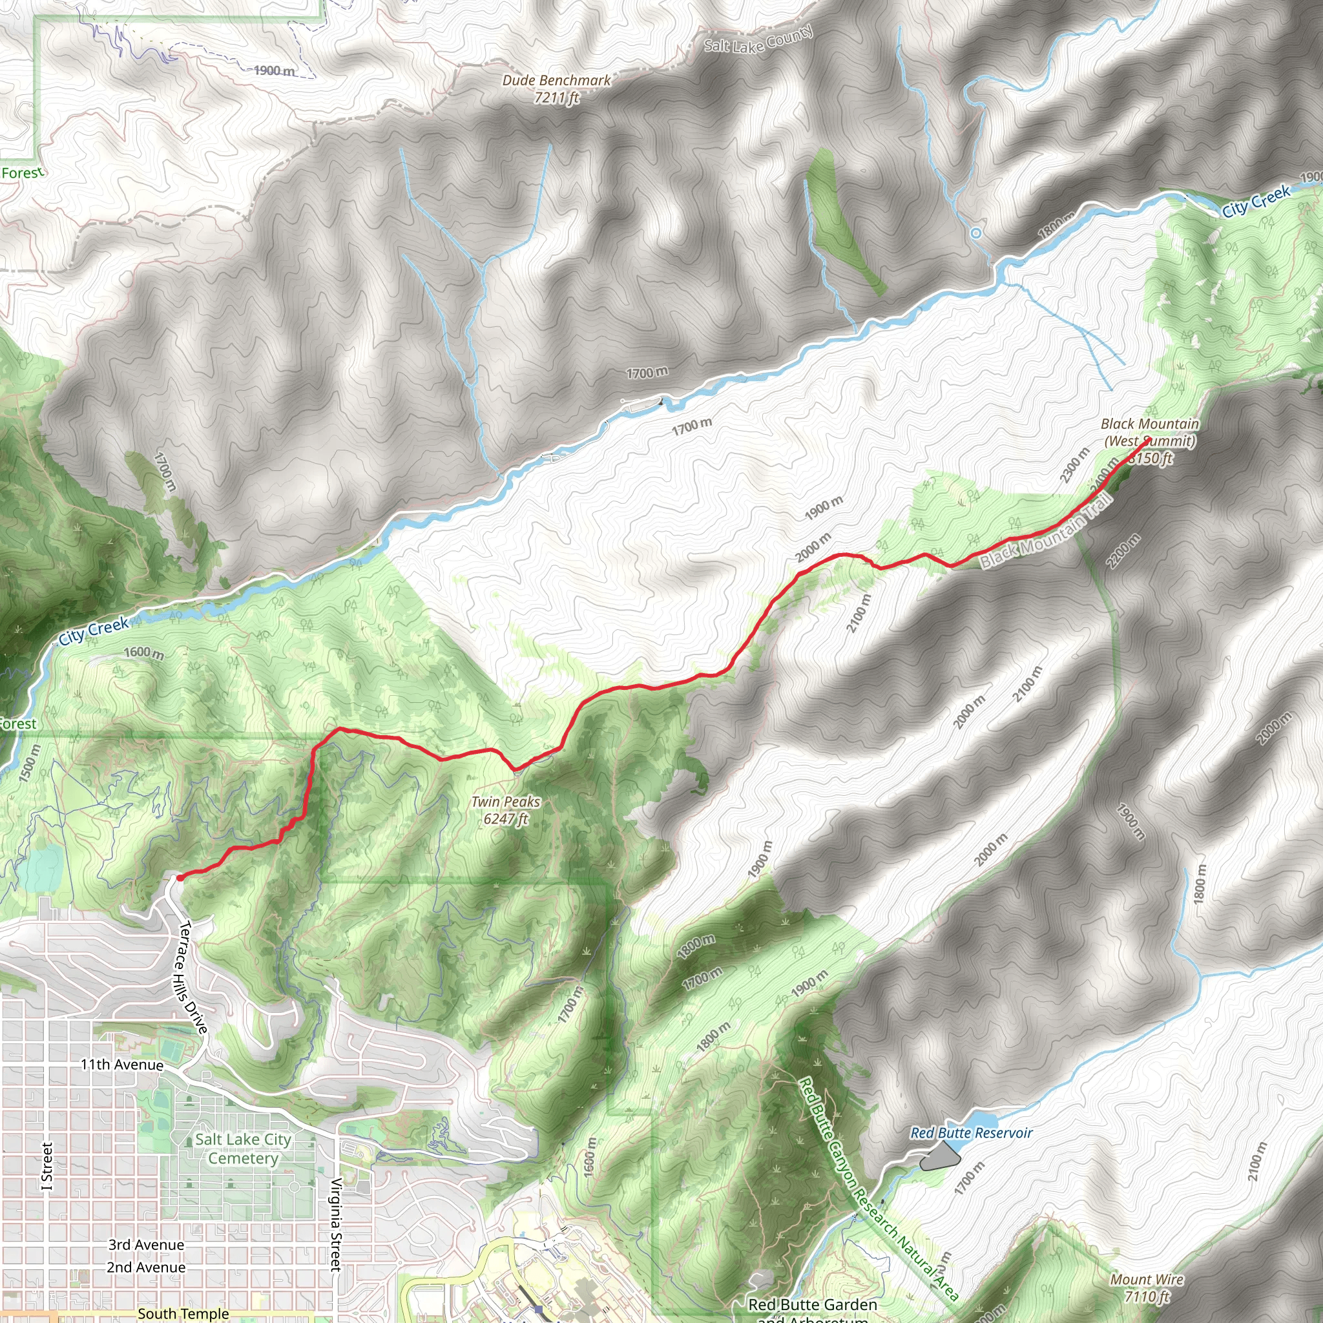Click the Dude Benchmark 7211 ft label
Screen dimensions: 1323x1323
click(556, 89)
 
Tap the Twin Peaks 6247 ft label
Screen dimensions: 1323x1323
click(505, 810)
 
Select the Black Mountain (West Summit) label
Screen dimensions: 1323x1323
click(1150, 433)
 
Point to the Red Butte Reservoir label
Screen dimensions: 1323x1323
click(971, 1132)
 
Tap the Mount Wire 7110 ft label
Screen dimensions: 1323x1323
click(1147, 1287)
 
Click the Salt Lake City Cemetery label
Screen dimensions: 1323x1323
click(243, 1149)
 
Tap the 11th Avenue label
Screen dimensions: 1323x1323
click(122, 1065)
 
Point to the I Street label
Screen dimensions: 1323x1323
click(47, 1166)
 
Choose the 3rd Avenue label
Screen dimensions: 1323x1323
click(146, 1245)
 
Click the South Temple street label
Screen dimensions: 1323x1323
click(183, 1313)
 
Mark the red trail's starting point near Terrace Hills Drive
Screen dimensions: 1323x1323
click(180, 877)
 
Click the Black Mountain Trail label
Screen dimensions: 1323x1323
click(1047, 532)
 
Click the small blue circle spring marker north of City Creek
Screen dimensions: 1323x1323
click(976, 233)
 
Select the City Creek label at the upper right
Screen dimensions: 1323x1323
click(1256, 201)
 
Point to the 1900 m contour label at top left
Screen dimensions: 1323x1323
click(274, 70)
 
